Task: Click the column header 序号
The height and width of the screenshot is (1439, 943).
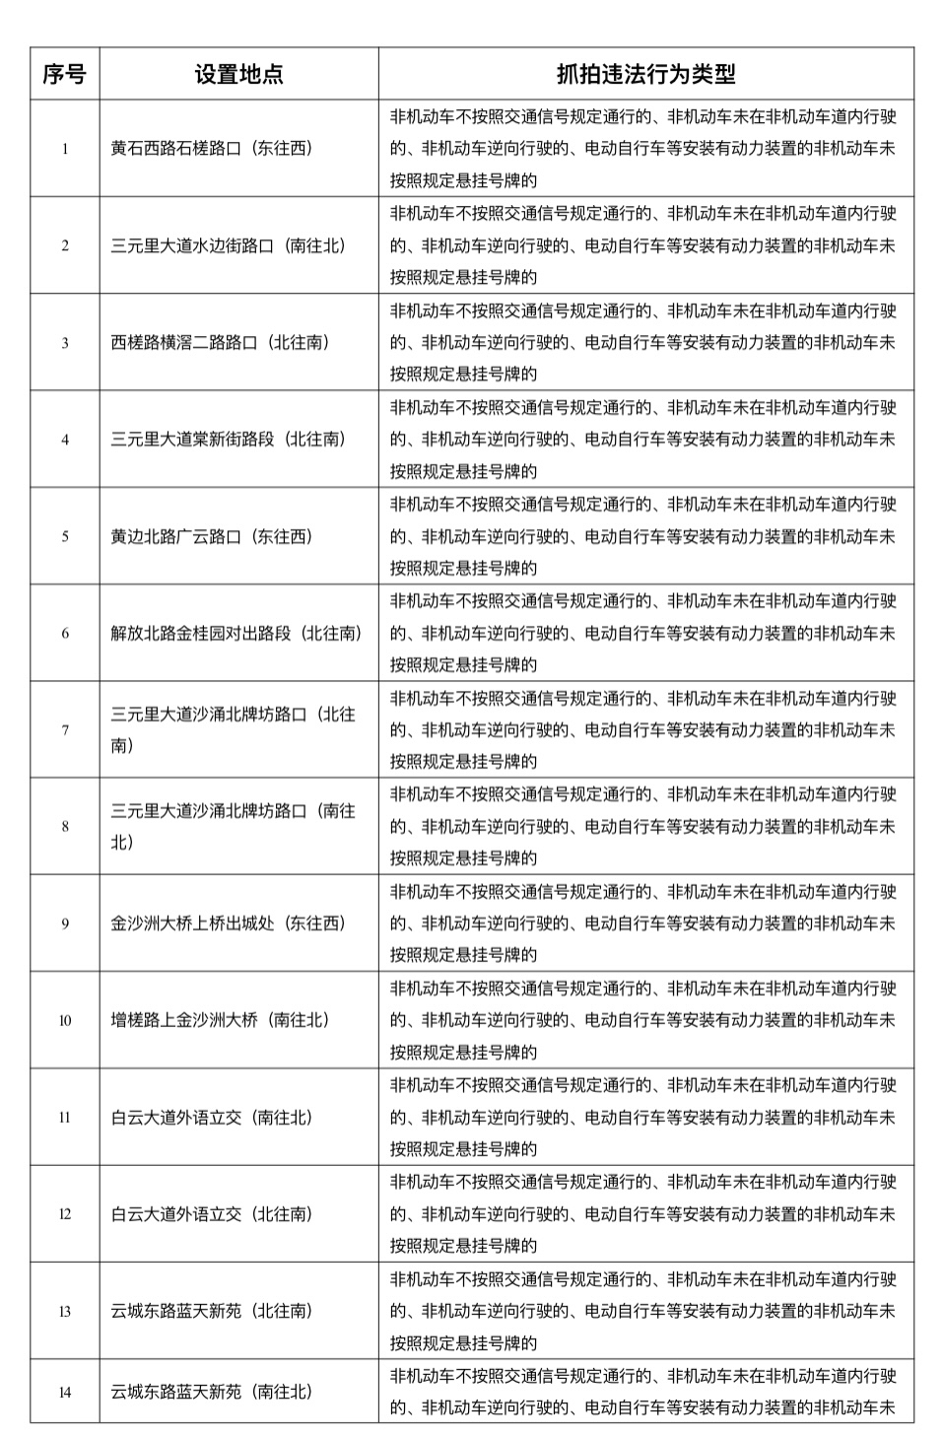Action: tap(64, 74)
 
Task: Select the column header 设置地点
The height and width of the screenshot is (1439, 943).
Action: tap(238, 74)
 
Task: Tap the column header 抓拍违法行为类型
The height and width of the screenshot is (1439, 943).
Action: tap(645, 74)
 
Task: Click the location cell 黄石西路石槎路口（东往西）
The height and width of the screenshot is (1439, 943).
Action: tap(211, 149)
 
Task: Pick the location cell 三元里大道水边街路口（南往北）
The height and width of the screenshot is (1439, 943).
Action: tap(228, 245)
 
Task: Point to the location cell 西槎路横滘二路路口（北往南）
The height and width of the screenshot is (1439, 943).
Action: tap(220, 343)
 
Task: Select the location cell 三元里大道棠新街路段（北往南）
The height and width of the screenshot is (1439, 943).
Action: tap(228, 440)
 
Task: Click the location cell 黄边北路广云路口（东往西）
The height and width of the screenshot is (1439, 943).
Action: tap(211, 536)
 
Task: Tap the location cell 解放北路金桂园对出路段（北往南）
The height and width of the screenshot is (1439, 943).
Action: tap(236, 633)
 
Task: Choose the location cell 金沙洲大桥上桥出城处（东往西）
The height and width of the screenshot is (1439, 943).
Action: tap(228, 924)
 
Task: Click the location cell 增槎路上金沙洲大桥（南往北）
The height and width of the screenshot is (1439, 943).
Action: tap(220, 1020)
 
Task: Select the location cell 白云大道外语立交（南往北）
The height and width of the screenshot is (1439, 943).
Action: tap(211, 1117)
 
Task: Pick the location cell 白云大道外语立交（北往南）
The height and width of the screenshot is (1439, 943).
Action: tap(211, 1214)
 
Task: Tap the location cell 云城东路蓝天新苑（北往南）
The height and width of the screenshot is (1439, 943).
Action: tap(211, 1311)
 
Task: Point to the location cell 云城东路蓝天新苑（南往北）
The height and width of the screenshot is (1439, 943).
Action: tap(211, 1392)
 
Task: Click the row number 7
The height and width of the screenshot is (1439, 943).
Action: tap(65, 730)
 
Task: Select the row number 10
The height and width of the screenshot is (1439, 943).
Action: tap(65, 1020)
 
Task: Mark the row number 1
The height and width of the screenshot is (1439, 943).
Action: tap(65, 149)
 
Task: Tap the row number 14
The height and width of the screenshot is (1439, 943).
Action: tap(65, 1392)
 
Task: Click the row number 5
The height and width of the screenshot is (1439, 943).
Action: tap(65, 536)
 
